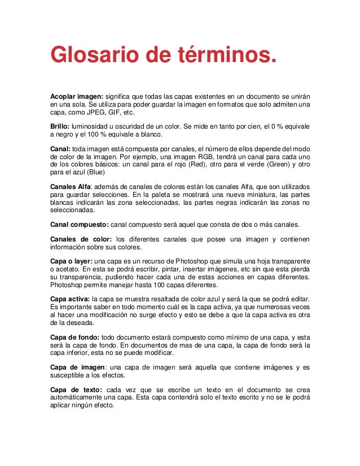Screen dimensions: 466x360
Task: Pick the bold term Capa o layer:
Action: click(x=71, y=262)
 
